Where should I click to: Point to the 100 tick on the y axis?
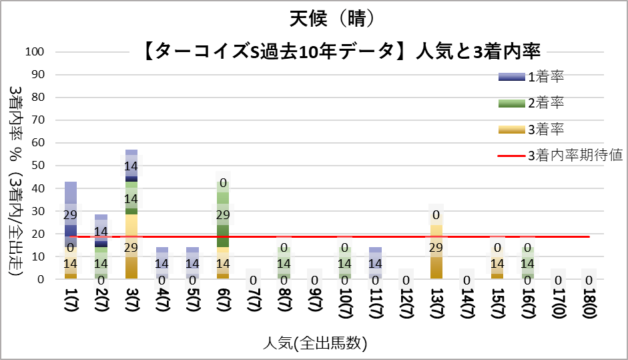(34, 52)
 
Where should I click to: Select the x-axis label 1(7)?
(71, 308)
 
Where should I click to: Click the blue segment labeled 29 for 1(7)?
(71, 214)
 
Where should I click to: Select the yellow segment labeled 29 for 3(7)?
(131, 246)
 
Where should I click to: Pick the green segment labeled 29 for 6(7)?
(223, 214)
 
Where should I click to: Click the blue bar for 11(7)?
(376, 263)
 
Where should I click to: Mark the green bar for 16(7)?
(528, 263)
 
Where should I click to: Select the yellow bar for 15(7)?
(497, 263)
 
